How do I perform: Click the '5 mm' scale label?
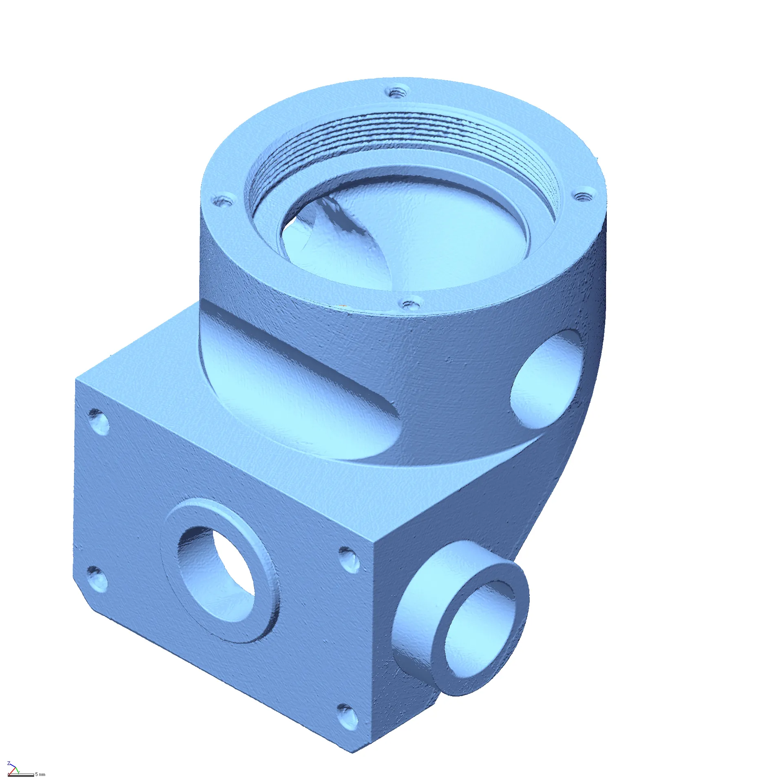[x=40, y=774]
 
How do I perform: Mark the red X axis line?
[x=12, y=771]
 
